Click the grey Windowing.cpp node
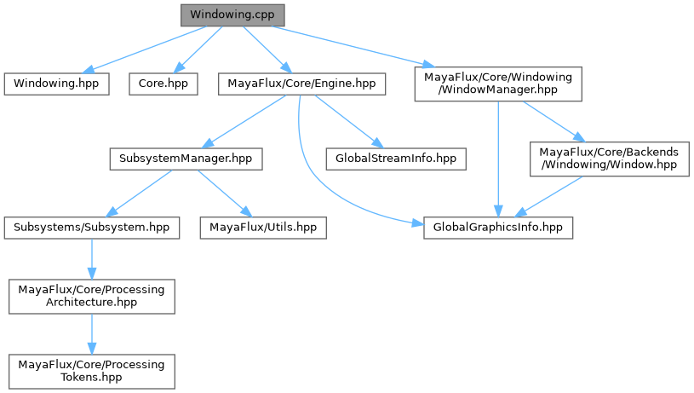[x=232, y=15]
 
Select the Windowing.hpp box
[x=56, y=84]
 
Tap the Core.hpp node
[x=163, y=84]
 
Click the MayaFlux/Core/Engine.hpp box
[x=302, y=84]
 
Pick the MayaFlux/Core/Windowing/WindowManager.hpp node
[x=498, y=84]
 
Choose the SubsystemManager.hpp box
[x=185, y=159]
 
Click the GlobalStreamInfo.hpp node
[x=396, y=159]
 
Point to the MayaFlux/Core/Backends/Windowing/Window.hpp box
[x=609, y=159]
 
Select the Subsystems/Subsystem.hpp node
[x=92, y=228]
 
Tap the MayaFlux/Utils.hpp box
[x=263, y=228]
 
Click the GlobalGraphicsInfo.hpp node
[x=498, y=228]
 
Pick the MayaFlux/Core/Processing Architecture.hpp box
[x=92, y=295]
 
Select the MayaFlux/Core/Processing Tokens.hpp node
[x=92, y=369]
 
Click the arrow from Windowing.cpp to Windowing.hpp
[x=145, y=49]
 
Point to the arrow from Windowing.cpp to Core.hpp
[x=198, y=49]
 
